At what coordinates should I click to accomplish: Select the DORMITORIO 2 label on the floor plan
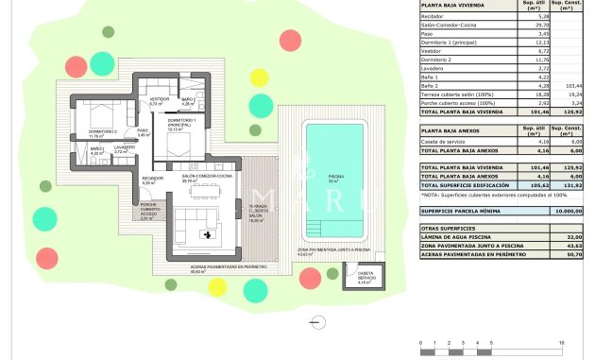pos(101,133)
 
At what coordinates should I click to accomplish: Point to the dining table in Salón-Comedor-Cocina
pos(204,193)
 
